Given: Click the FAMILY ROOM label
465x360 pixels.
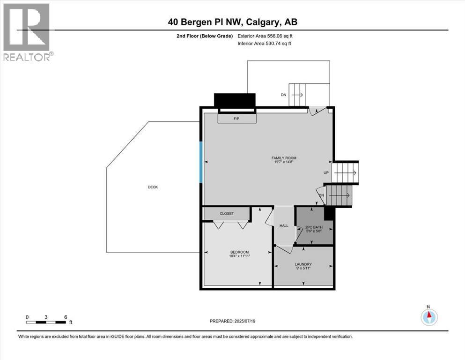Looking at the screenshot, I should pos(284,158).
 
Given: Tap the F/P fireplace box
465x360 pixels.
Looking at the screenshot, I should pos(237,119).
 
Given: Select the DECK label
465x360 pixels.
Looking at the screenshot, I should pos(153,187).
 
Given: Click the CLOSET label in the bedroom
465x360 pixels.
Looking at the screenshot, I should pos(227,214).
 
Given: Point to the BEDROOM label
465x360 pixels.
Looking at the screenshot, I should pos(239,252).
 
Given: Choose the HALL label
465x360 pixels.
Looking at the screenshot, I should pos(284,225).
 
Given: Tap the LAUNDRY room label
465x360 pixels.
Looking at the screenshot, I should pos(303,264).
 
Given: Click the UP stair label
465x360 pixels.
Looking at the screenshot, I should pos(326,172).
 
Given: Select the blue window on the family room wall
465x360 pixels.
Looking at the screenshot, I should pos(201,163).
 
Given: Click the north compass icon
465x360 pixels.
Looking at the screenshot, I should pos(428,317).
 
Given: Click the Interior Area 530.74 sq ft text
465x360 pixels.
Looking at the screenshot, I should pos(265,44).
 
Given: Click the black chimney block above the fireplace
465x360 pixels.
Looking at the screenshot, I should pos(235,100).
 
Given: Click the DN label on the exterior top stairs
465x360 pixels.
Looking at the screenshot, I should pos(283,95).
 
